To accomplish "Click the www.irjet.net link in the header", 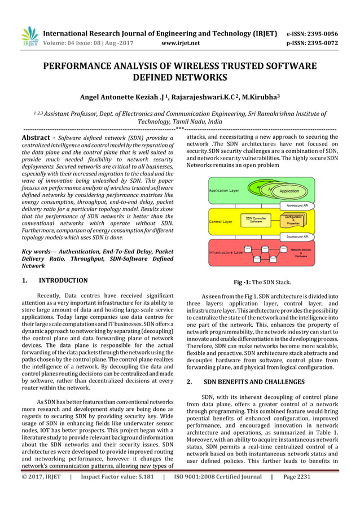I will pos(181,42).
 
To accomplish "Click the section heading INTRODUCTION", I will pos(63,280).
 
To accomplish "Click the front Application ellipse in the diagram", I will pos(289,191).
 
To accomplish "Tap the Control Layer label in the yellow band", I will pos(221,222).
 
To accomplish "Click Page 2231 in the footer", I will pos(297,492).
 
